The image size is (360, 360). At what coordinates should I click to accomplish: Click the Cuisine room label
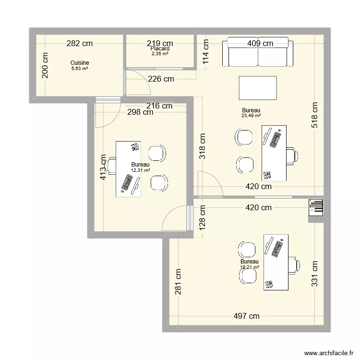tap(80, 63)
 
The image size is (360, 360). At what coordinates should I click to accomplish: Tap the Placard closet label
tap(159, 49)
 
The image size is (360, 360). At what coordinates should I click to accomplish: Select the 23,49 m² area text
tap(251, 116)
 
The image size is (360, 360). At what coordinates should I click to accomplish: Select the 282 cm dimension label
tap(79, 44)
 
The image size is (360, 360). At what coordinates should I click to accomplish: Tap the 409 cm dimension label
tap(260, 44)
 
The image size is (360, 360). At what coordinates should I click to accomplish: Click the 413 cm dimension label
tap(103, 167)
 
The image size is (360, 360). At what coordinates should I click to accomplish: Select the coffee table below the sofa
tap(258, 88)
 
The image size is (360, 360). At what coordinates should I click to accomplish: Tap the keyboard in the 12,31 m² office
tap(127, 183)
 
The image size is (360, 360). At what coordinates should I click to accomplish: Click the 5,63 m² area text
tap(80, 69)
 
